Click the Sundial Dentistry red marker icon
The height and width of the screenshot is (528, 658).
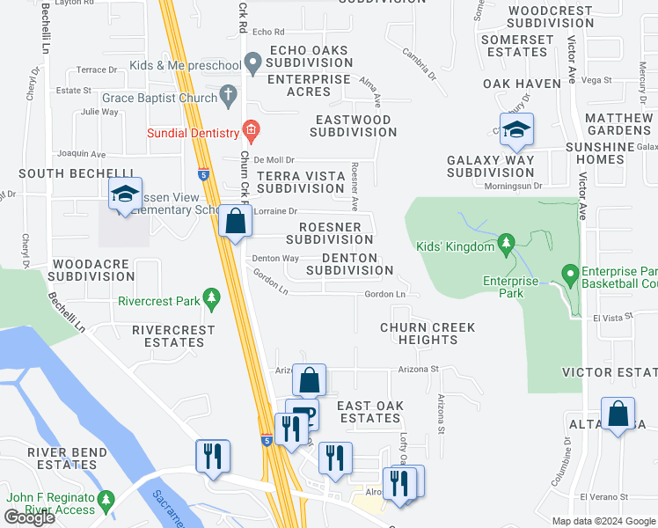(252, 132)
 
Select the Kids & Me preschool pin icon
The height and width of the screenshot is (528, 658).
(253, 63)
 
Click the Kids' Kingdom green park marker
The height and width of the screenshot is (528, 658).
(506, 242)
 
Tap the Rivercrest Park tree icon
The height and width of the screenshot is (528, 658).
(211, 299)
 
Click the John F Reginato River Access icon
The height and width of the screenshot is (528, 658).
(106, 501)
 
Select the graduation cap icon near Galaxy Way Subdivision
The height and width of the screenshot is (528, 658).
(516, 129)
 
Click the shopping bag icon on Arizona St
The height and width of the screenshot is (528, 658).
(309, 380)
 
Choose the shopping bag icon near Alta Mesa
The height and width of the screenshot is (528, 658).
(618, 414)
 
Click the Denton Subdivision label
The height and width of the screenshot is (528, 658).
(350, 264)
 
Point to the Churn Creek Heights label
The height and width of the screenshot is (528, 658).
(428, 334)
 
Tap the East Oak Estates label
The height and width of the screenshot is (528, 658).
(370, 412)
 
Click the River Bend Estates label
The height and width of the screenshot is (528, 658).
(61, 458)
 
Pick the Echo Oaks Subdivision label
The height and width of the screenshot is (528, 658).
(308, 57)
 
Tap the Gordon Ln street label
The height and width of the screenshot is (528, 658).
(384, 294)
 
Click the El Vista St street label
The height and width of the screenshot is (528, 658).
(612, 317)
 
